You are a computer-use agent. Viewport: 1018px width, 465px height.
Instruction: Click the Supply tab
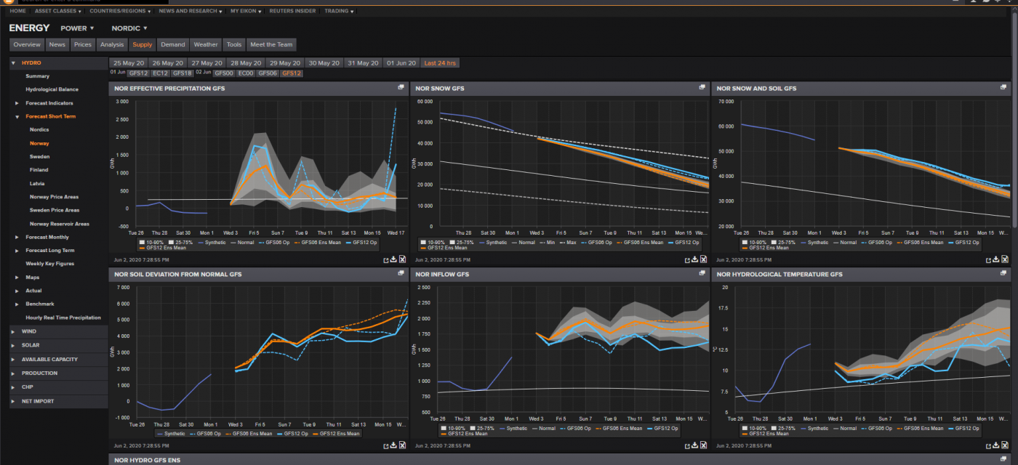pyautogui.click(x=142, y=44)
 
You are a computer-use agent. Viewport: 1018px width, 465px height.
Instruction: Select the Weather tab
pyautogui.click(x=206, y=44)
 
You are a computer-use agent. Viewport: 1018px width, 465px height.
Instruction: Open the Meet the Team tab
pyautogui.click(x=271, y=44)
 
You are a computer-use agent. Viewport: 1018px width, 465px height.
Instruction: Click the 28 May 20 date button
pyautogui.click(x=246, y=63)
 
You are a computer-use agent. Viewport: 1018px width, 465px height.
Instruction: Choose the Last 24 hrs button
pyautogui.click(x=441, y=63)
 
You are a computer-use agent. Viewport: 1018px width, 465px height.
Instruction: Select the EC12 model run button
pyautogui.click(x=161, y=73)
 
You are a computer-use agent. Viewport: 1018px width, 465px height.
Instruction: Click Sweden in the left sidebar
pyautogui.click(x=40, y=157)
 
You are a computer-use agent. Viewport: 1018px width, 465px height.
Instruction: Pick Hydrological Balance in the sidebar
pyautogui.click(x=52, y=89)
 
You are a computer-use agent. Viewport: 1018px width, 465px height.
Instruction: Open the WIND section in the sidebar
pyautogui.click(x=29, y=331)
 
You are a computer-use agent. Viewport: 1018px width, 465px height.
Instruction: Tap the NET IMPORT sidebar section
pyautogui.click(x=38, y=401)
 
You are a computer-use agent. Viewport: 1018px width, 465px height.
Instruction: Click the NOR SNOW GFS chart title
pyautogui.click(x=440, y=88)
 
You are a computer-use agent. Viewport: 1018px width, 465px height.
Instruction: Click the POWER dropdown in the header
pyautogui.click(x=77, y=28)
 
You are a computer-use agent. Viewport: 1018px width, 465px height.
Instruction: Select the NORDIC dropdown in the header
pyautogui.click(x=129, y=28)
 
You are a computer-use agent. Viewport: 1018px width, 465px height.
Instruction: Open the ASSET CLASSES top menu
pyautogui.click(x=58, y=12)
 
